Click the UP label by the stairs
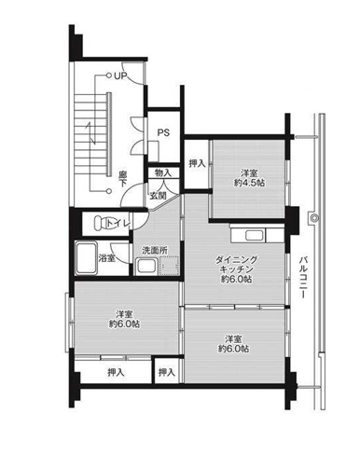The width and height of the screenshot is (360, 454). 120,76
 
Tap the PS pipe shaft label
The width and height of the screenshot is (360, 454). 163,132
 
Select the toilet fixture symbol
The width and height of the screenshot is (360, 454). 101,223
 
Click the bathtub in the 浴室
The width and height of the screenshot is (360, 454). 87,258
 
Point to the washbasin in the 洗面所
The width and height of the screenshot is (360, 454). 146,267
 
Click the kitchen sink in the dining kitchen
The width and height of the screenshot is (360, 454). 255,235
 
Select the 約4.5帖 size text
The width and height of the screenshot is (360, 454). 249,183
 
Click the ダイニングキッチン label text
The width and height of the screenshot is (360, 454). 236,265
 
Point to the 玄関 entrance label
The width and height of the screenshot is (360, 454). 159,196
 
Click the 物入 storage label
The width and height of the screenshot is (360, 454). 163,172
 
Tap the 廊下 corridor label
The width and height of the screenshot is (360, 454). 122,179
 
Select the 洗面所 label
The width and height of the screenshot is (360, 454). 155,250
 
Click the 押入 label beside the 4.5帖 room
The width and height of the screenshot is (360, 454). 198,163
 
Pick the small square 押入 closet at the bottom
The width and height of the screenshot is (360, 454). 167,371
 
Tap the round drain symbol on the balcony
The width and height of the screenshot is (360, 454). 313,218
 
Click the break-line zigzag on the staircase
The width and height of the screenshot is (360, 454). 91,133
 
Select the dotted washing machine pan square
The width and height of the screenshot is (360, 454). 169,266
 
